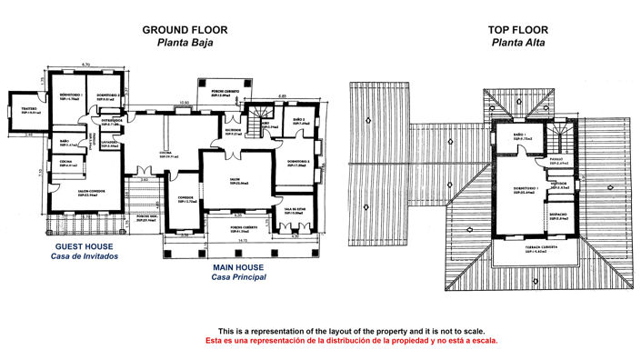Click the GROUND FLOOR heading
(185, 29)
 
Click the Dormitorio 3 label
(299, 162)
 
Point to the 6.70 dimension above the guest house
(85, 64)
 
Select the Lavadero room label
(110, 144)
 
